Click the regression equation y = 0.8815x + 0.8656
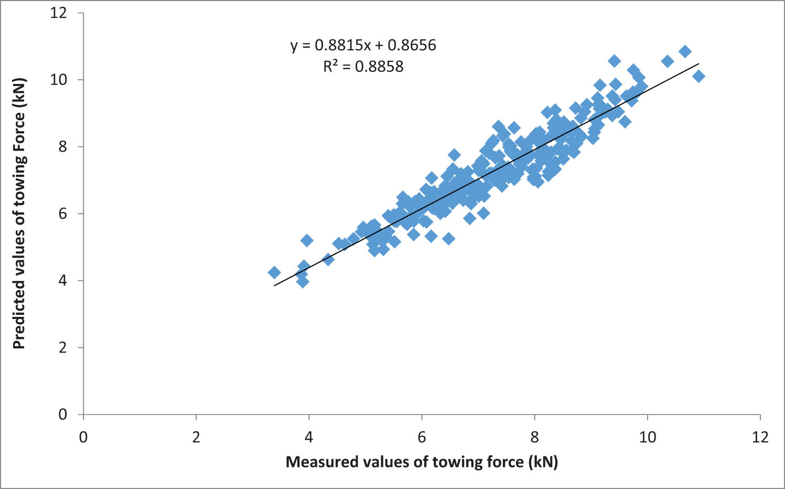(x=363, y=46)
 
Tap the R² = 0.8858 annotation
(x=363, y=67)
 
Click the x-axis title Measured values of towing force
(x=422, y=462)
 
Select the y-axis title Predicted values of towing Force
(x=19, y=214)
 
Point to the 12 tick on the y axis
(x=59, y=13)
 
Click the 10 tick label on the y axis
(x=59, y=80)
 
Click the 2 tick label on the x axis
(x=196, y=437)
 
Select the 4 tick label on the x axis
(x=309, y=437)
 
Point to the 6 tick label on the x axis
(x=422, y=437)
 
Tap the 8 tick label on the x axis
(x=534, y=437)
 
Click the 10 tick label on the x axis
(x=647, y=437)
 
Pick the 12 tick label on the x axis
(x=760, y=437)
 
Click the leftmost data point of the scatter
(x=274, y=272)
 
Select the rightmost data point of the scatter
(x=698, y=76)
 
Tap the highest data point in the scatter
(x=685, y=51)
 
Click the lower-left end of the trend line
(x=274, y=286)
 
